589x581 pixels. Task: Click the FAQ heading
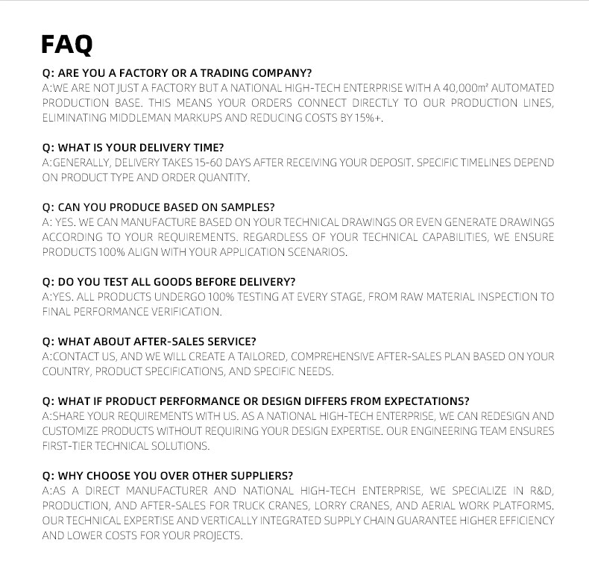point(67,44)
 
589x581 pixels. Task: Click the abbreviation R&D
point(543,491)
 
